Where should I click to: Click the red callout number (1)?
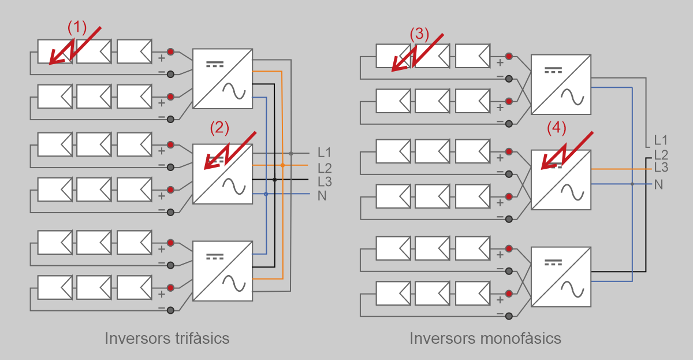[77, 27]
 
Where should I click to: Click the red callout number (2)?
[219, 128]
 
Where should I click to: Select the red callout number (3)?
[420, 34]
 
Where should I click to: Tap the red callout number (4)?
[557, 128]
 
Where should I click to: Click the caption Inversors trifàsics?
[167, 338]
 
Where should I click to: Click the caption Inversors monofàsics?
[485, 338]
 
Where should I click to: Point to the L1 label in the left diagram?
[324, 153]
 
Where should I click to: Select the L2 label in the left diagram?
[324, 168]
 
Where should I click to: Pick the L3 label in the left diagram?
[324, 181]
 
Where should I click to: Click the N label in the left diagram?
[322, 195]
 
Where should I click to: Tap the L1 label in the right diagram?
[661, 140]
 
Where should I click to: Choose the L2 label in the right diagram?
[661, 154]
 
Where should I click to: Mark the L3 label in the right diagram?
[661, 168]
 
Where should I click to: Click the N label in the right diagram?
[658, 184]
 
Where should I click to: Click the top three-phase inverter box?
[223, 78]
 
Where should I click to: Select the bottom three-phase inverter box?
[223, 271]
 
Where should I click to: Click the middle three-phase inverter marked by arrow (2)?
[223, 174]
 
